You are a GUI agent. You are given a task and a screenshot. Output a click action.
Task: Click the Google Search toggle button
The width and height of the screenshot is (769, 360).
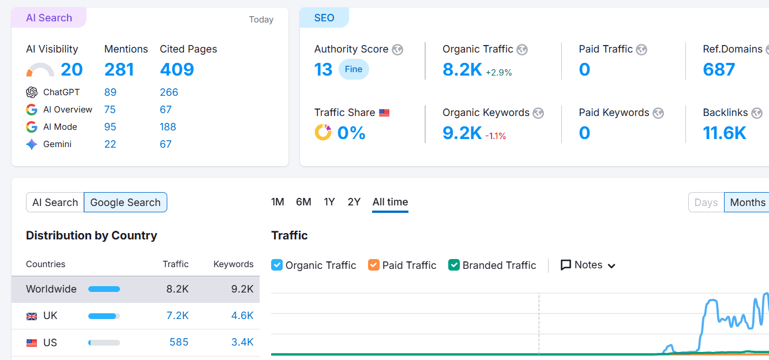125,202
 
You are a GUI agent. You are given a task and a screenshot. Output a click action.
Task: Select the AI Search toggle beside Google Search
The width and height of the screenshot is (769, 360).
55,202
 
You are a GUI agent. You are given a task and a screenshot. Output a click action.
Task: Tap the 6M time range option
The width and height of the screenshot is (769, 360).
303,202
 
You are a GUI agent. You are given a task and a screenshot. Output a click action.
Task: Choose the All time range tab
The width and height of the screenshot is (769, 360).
390,202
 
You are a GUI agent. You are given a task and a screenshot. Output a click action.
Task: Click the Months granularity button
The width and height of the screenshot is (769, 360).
747,202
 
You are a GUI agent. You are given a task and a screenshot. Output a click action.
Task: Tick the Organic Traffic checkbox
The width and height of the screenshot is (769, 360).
277,265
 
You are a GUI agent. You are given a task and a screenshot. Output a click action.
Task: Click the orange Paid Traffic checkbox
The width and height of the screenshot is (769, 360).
374,265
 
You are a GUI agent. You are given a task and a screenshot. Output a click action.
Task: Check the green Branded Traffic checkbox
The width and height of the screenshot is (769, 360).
454,265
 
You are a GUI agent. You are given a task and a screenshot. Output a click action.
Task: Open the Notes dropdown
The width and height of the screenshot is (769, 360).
588,265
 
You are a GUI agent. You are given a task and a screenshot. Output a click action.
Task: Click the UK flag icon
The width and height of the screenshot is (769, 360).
32,316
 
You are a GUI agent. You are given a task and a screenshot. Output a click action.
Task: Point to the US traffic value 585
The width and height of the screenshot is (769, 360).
179,342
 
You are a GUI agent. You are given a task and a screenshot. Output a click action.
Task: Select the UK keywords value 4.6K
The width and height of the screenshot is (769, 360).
242,316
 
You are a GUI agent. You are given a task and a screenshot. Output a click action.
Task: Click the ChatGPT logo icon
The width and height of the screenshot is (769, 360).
32,92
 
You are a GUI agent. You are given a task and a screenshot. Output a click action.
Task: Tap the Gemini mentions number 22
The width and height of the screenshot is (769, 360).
110,144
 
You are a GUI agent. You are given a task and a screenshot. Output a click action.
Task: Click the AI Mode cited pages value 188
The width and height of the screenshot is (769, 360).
168,127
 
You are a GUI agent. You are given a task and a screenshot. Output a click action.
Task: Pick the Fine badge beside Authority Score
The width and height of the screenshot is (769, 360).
354,69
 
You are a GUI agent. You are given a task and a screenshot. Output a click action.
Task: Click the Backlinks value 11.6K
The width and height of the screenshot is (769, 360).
725,133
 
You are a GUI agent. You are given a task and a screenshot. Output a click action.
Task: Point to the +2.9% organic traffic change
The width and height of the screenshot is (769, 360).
498,73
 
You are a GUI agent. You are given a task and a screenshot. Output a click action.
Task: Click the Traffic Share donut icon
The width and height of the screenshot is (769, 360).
322,132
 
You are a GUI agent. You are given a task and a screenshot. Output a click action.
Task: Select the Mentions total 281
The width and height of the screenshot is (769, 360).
119,70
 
